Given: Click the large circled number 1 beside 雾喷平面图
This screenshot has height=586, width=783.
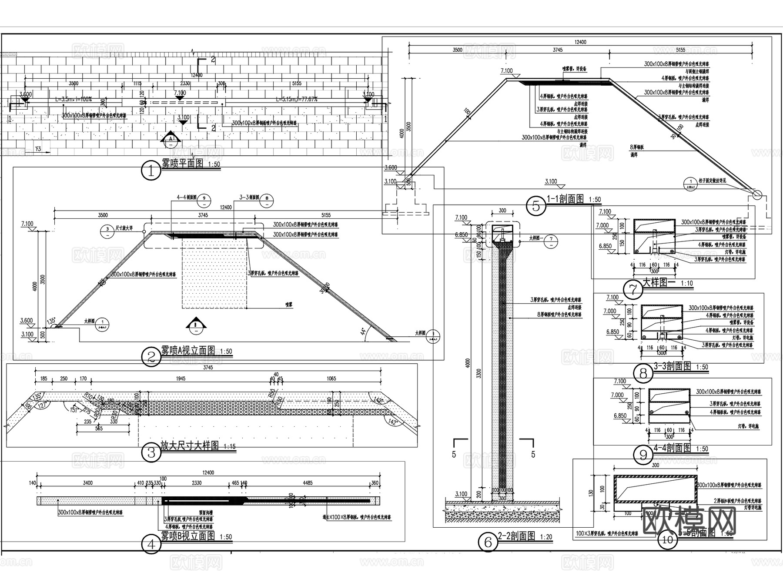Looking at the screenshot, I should click(151, 171).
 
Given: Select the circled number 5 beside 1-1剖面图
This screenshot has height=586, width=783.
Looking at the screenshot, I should click(535, 206).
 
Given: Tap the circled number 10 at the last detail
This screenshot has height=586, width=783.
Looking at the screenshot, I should click(667, 540).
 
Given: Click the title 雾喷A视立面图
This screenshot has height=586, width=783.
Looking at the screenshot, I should click(188, 351).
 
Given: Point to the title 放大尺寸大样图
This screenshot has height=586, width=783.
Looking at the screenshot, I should click(190, 446).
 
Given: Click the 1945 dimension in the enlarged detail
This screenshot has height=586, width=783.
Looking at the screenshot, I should click(181, 378).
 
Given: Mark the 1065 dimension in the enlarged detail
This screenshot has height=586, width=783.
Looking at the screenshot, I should click(331, 378).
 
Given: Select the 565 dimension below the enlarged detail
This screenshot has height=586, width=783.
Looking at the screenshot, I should click(99, 429).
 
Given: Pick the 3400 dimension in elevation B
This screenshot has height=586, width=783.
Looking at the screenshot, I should click(87, 483).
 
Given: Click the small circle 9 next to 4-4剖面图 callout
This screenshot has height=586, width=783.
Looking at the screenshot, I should click(204, 200).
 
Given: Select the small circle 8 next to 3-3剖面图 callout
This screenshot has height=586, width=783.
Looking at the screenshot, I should click(267, 200).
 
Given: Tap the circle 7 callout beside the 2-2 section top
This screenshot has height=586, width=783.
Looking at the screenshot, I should click(551, 239).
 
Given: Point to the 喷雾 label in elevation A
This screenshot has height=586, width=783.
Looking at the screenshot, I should click(288, 304).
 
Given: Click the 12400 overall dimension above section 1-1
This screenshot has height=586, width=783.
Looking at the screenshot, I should click(580, 42).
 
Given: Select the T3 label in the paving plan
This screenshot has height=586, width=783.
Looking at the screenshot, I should click(38, 150).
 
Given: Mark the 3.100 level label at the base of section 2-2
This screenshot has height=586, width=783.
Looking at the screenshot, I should click(461, 494).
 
